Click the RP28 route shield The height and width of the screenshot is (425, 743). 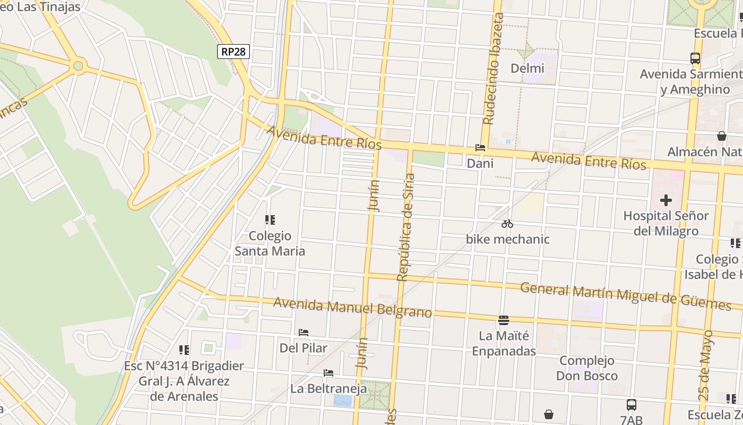(234, 52)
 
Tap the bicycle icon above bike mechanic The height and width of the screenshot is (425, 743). (507, 224)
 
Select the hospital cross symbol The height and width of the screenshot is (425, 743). (666, 200)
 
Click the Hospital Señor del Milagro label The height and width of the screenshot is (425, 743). (666, 224)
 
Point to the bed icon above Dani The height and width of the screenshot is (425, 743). (480, 148)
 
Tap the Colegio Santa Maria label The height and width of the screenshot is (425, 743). (270, 243)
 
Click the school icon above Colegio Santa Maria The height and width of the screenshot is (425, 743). (270, 219)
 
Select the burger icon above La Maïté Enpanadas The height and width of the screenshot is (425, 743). (503, 320)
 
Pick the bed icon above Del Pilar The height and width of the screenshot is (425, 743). (304, 333)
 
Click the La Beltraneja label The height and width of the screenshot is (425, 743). (329, 389)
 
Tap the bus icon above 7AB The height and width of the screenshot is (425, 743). (631, 405)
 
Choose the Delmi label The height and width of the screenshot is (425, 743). (527, 69)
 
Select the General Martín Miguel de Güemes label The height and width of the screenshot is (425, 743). (625, 296)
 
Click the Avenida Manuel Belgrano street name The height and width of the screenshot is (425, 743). (352, 308)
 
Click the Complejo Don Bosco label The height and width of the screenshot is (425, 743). (587, 368)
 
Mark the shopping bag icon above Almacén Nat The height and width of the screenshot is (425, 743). (721, 136)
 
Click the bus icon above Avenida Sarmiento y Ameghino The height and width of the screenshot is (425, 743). (695, 58)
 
